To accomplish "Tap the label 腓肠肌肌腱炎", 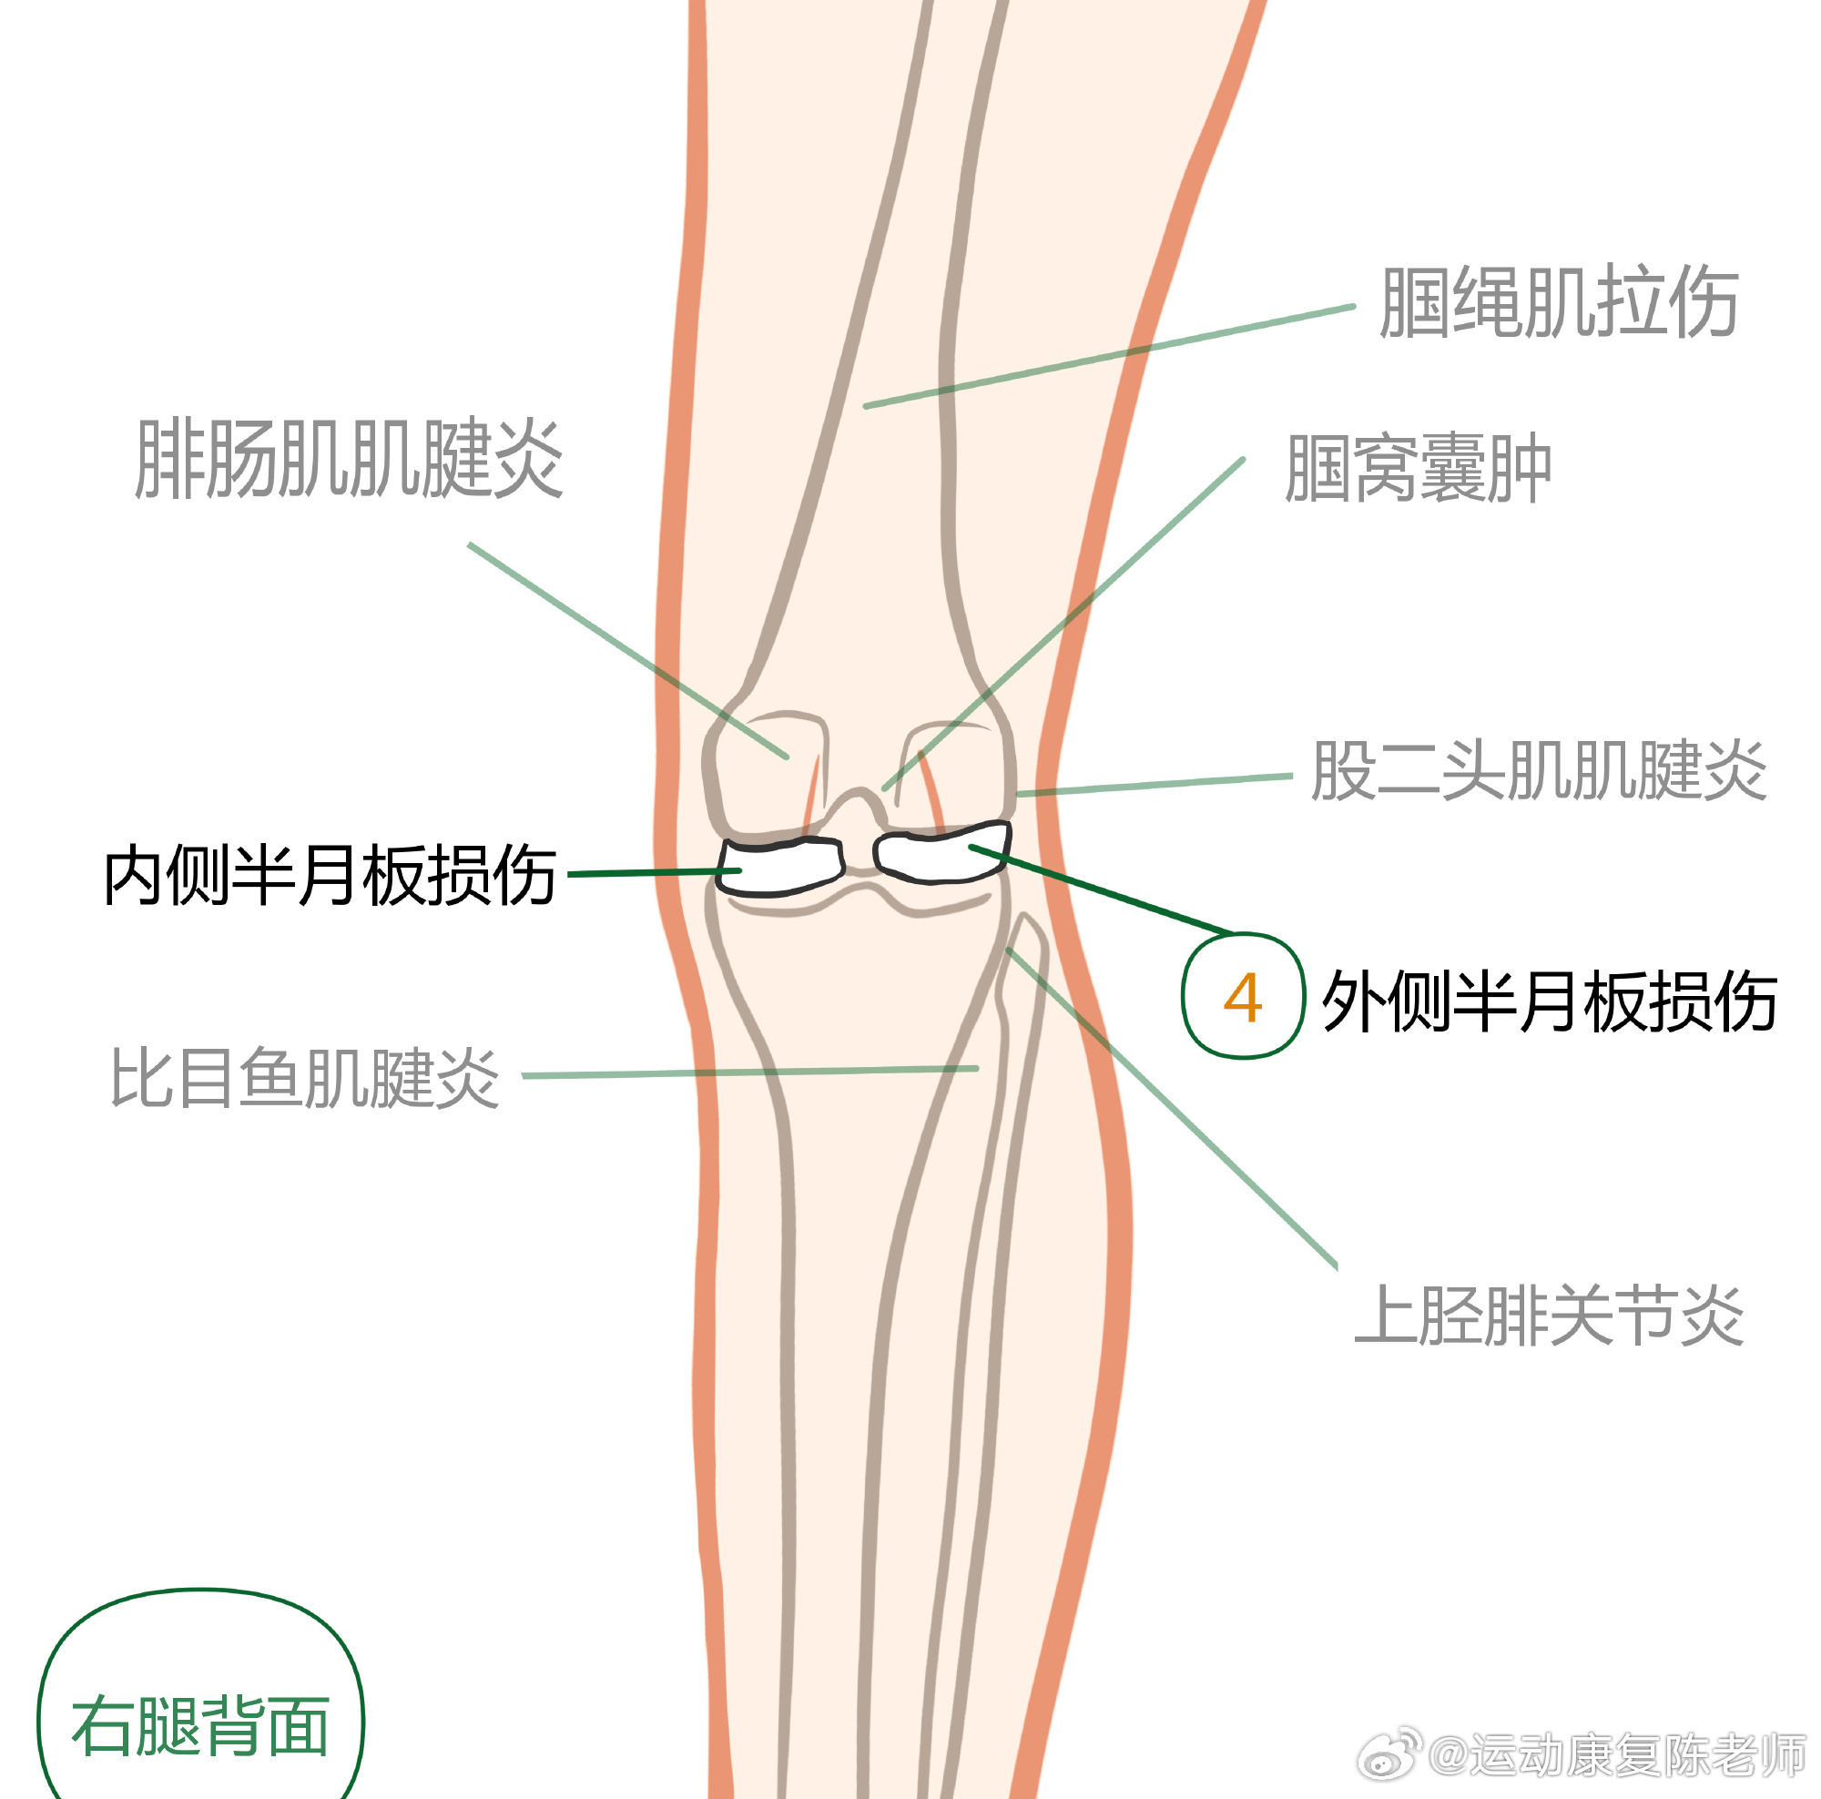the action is pos(349,459).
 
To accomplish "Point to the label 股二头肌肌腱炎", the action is pos(1538,771).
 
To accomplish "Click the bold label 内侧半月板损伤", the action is pos(330,876).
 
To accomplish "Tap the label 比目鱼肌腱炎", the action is pos(304,1077).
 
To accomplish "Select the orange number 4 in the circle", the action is pos(1242,998).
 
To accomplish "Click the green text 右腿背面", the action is pos(199,1726).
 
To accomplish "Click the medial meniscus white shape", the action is pos(781,865).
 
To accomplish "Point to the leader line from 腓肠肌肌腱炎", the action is pos(626,650).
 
